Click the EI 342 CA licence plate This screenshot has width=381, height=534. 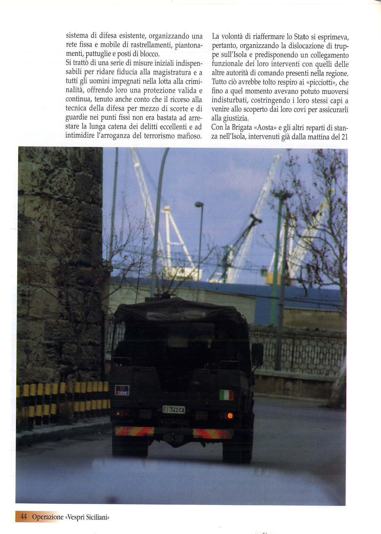pos(174,410)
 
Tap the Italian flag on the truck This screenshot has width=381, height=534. pos(226,395)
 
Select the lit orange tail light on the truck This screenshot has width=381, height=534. pos(229,415)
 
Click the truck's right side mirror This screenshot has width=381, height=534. pos(258,354)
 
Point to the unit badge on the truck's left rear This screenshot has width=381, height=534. pos(122,390)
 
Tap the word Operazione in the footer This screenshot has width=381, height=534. pos(48,516)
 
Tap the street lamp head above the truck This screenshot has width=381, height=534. pos(199,204)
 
